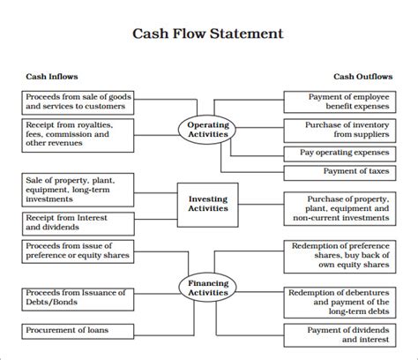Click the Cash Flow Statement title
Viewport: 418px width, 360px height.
click(208, 35)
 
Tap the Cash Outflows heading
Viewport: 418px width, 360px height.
click(362, 77)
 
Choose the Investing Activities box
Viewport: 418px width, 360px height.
click(208, 204)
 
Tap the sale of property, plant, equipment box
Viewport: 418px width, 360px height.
click(79, 190)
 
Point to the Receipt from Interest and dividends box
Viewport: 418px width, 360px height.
click(79, 222)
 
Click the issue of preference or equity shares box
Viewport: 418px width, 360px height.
click(79, 250)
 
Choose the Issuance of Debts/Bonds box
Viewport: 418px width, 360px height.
click(79, 297)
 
